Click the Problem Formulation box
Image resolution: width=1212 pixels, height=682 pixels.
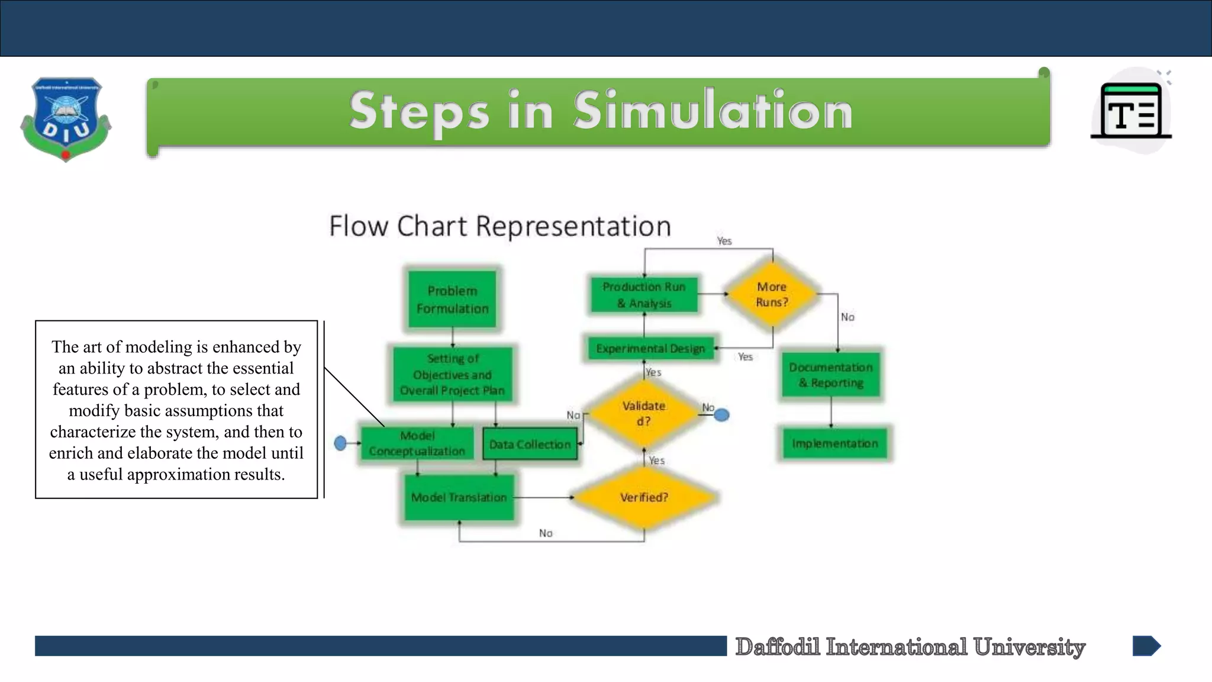[452, 300]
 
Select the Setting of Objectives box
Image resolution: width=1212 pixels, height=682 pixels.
[452, 374]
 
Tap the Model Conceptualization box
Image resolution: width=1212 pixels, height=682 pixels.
[417, 443]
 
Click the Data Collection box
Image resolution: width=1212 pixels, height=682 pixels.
[530, 444]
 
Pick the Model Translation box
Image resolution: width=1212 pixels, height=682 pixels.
[459, 497]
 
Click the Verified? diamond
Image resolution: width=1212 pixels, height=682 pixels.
[644, 497]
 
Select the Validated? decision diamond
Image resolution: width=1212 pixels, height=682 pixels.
[644, 413]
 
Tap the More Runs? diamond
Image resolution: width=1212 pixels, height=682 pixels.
[772, 294]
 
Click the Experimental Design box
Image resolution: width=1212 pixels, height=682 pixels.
[650, 348]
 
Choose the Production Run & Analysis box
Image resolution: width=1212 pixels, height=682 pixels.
[644, 295]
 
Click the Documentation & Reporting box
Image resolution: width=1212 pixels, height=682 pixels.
[831, 375]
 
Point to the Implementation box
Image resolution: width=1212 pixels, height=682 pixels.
[834, 443]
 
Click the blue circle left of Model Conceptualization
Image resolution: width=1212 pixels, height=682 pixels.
[340, 443]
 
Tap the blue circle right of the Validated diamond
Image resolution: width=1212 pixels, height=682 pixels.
[721, 415]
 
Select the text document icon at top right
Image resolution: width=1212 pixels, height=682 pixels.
[1131, 111]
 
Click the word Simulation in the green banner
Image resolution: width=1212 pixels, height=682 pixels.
[713, 111]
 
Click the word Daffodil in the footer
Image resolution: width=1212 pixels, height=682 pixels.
[778, 646]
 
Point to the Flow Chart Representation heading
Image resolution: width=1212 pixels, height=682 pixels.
[500, 226]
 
